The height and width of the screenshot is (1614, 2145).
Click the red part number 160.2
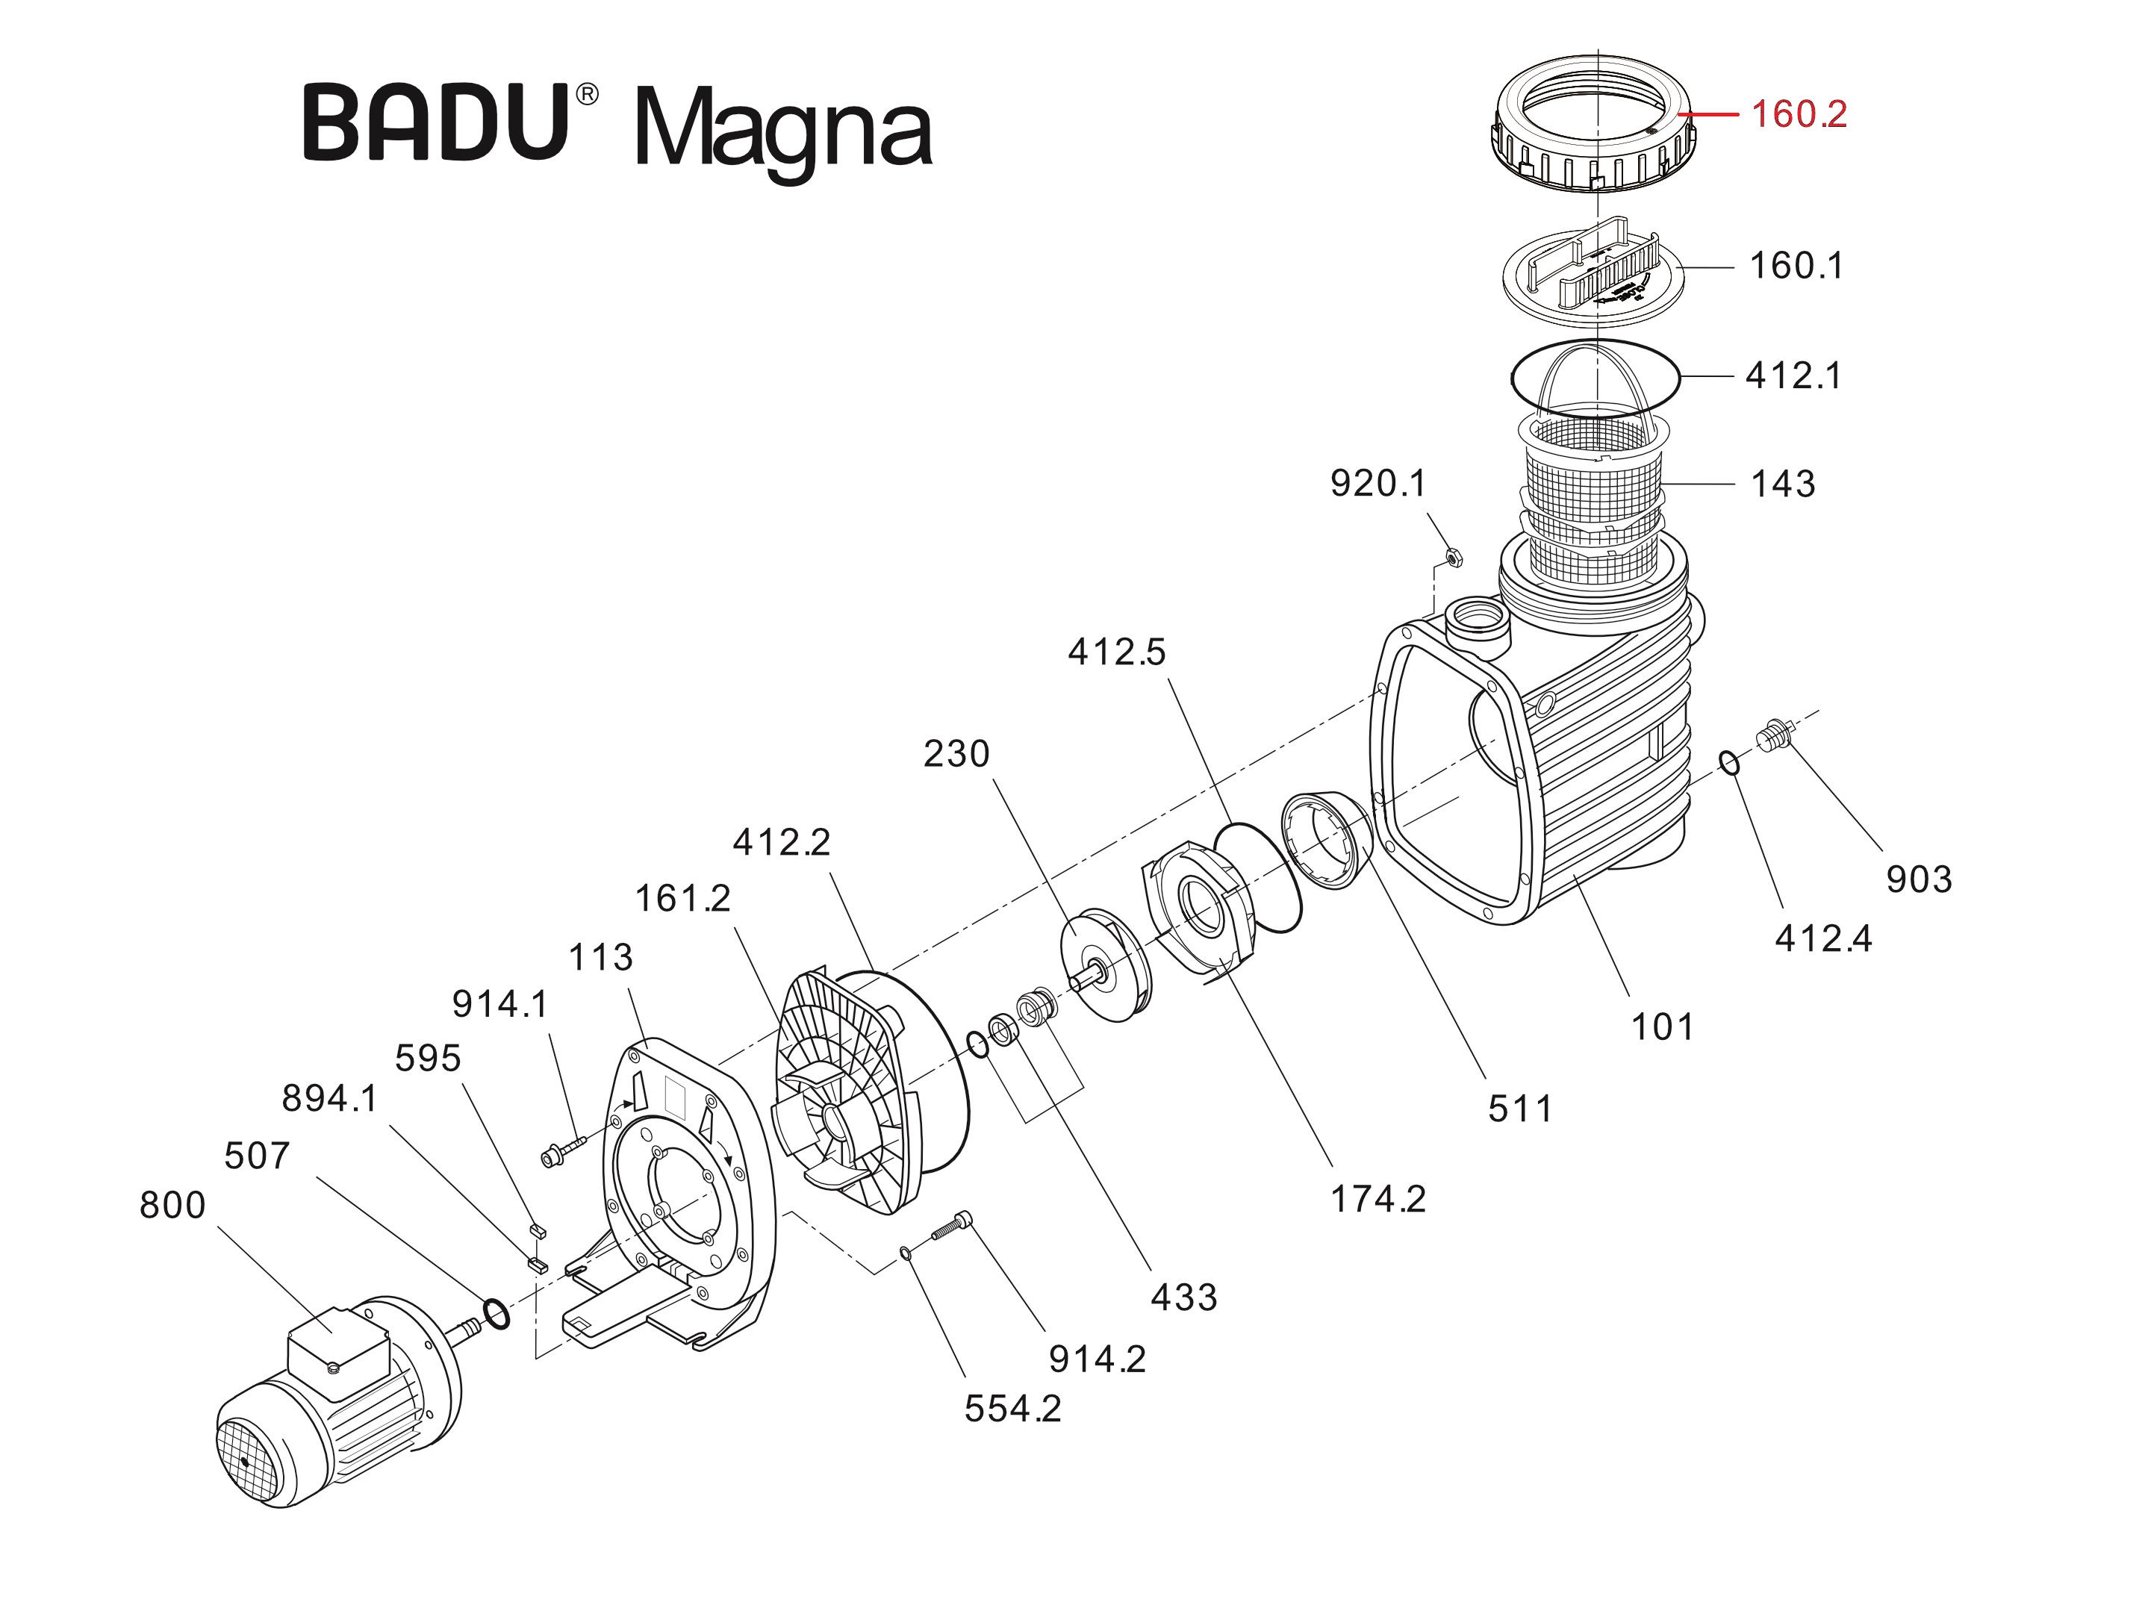click(1798, 114)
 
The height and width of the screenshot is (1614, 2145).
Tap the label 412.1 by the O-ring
click(1793, 376)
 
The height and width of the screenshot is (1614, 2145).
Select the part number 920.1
click(1378, 483)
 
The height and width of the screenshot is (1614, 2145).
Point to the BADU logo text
click(436, 123)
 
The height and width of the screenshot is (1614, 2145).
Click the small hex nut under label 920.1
click(1453, 558)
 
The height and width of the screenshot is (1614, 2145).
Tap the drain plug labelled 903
click(1775, 736)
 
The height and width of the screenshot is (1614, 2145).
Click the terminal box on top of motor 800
click(337, 1345)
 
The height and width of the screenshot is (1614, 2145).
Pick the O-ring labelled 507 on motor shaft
click(496, 1315)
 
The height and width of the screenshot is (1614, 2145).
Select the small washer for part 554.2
click(905, 1253)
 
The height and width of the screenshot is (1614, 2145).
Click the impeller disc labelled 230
click(1103, 965)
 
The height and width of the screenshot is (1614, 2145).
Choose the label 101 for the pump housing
click(1661, 1026)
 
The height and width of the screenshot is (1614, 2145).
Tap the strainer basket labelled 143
click(1595, 494)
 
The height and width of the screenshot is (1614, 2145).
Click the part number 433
click(1183, 1297)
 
